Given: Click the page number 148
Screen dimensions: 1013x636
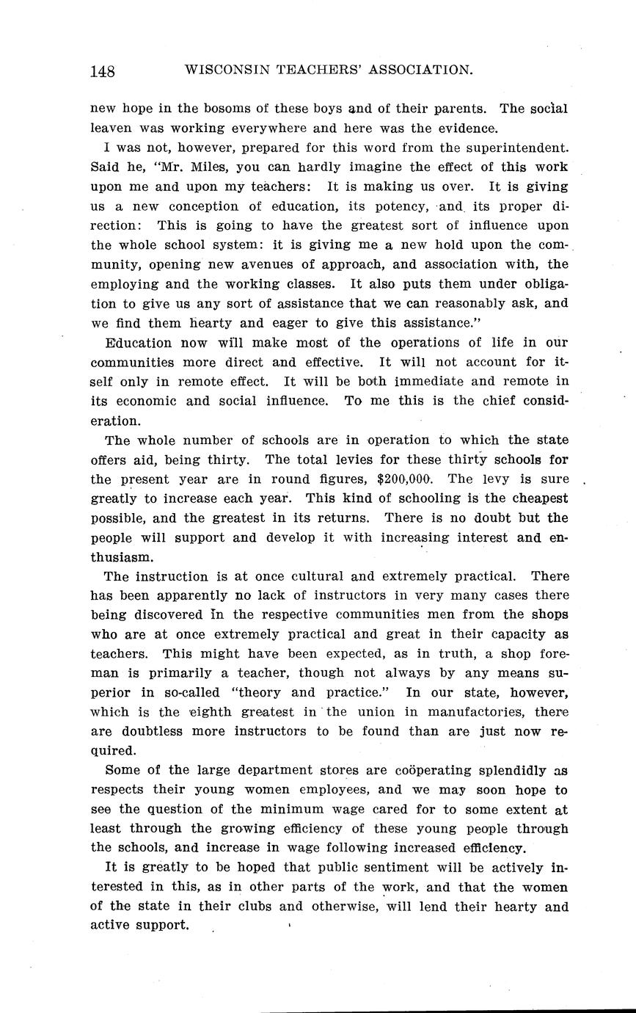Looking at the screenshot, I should pos(103,70).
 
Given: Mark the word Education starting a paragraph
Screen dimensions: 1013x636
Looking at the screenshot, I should pos(139,343).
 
